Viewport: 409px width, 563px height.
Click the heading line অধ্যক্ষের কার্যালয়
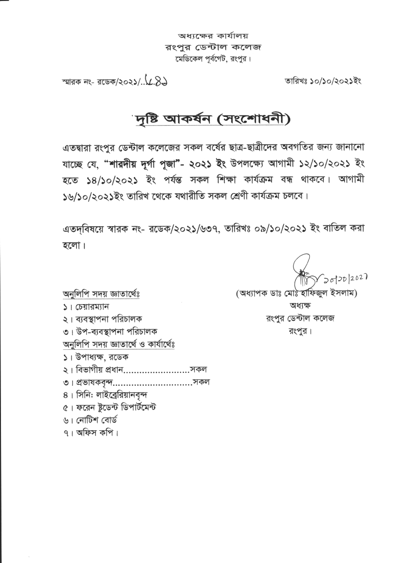[213, 36]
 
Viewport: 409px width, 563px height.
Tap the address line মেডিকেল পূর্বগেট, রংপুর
[213, 59]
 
